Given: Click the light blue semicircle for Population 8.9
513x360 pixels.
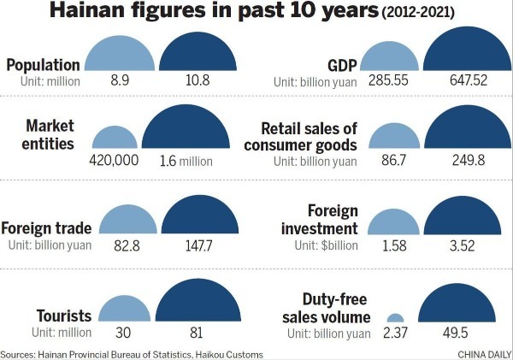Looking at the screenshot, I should pos(121,56).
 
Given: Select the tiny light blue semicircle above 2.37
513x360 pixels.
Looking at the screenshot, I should pos(395,316).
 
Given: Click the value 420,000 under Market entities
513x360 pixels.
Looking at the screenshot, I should pos(114,161).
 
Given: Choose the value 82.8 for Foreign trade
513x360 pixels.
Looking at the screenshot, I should pos(120,244).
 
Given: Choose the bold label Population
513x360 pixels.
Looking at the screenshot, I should pos(44,64).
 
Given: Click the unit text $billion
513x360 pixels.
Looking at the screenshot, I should pos(334,245).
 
